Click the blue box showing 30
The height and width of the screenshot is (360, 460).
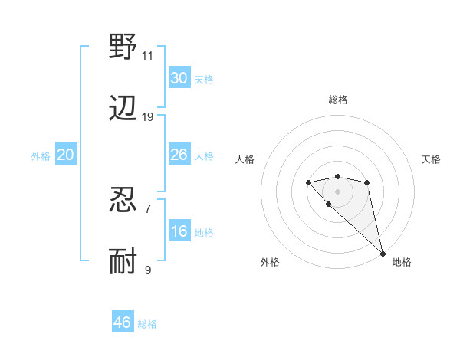(179, 78)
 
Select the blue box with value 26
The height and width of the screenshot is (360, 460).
(179, 155)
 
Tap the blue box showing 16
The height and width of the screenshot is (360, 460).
(179, 231)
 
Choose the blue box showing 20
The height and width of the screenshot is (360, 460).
(66, 155)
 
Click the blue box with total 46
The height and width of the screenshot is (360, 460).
(123, 322)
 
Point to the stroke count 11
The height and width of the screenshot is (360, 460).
(147, 56)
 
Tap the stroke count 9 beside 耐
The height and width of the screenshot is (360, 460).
(147, 270)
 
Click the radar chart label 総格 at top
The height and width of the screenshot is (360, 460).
(338, 100)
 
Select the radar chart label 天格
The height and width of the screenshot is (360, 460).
(431, 159)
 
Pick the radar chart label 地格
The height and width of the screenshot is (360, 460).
(402, 263)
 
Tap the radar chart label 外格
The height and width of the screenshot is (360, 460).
(270, 263)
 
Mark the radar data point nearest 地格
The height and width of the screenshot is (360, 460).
(382, 253)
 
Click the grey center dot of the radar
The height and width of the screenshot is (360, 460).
(338, 191)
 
